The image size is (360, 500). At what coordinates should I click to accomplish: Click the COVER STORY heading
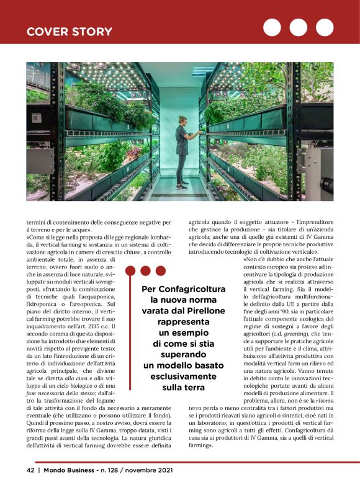(x=69, y=32)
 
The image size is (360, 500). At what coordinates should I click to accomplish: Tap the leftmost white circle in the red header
(x=272, y=27)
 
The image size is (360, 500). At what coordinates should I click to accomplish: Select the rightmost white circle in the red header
(x=325, y=27)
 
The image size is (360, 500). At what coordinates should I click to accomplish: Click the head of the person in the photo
(x=183, y=118)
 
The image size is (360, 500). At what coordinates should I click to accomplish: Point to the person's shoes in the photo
(x=182, y=185)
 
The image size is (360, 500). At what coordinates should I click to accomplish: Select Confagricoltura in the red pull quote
(x=178, y=289)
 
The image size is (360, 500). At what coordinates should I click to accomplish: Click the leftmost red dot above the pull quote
(x=132, y=270)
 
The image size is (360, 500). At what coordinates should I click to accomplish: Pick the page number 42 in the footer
(x=30, y=470)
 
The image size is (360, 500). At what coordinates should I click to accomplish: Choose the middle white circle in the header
(x=299, y=27)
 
